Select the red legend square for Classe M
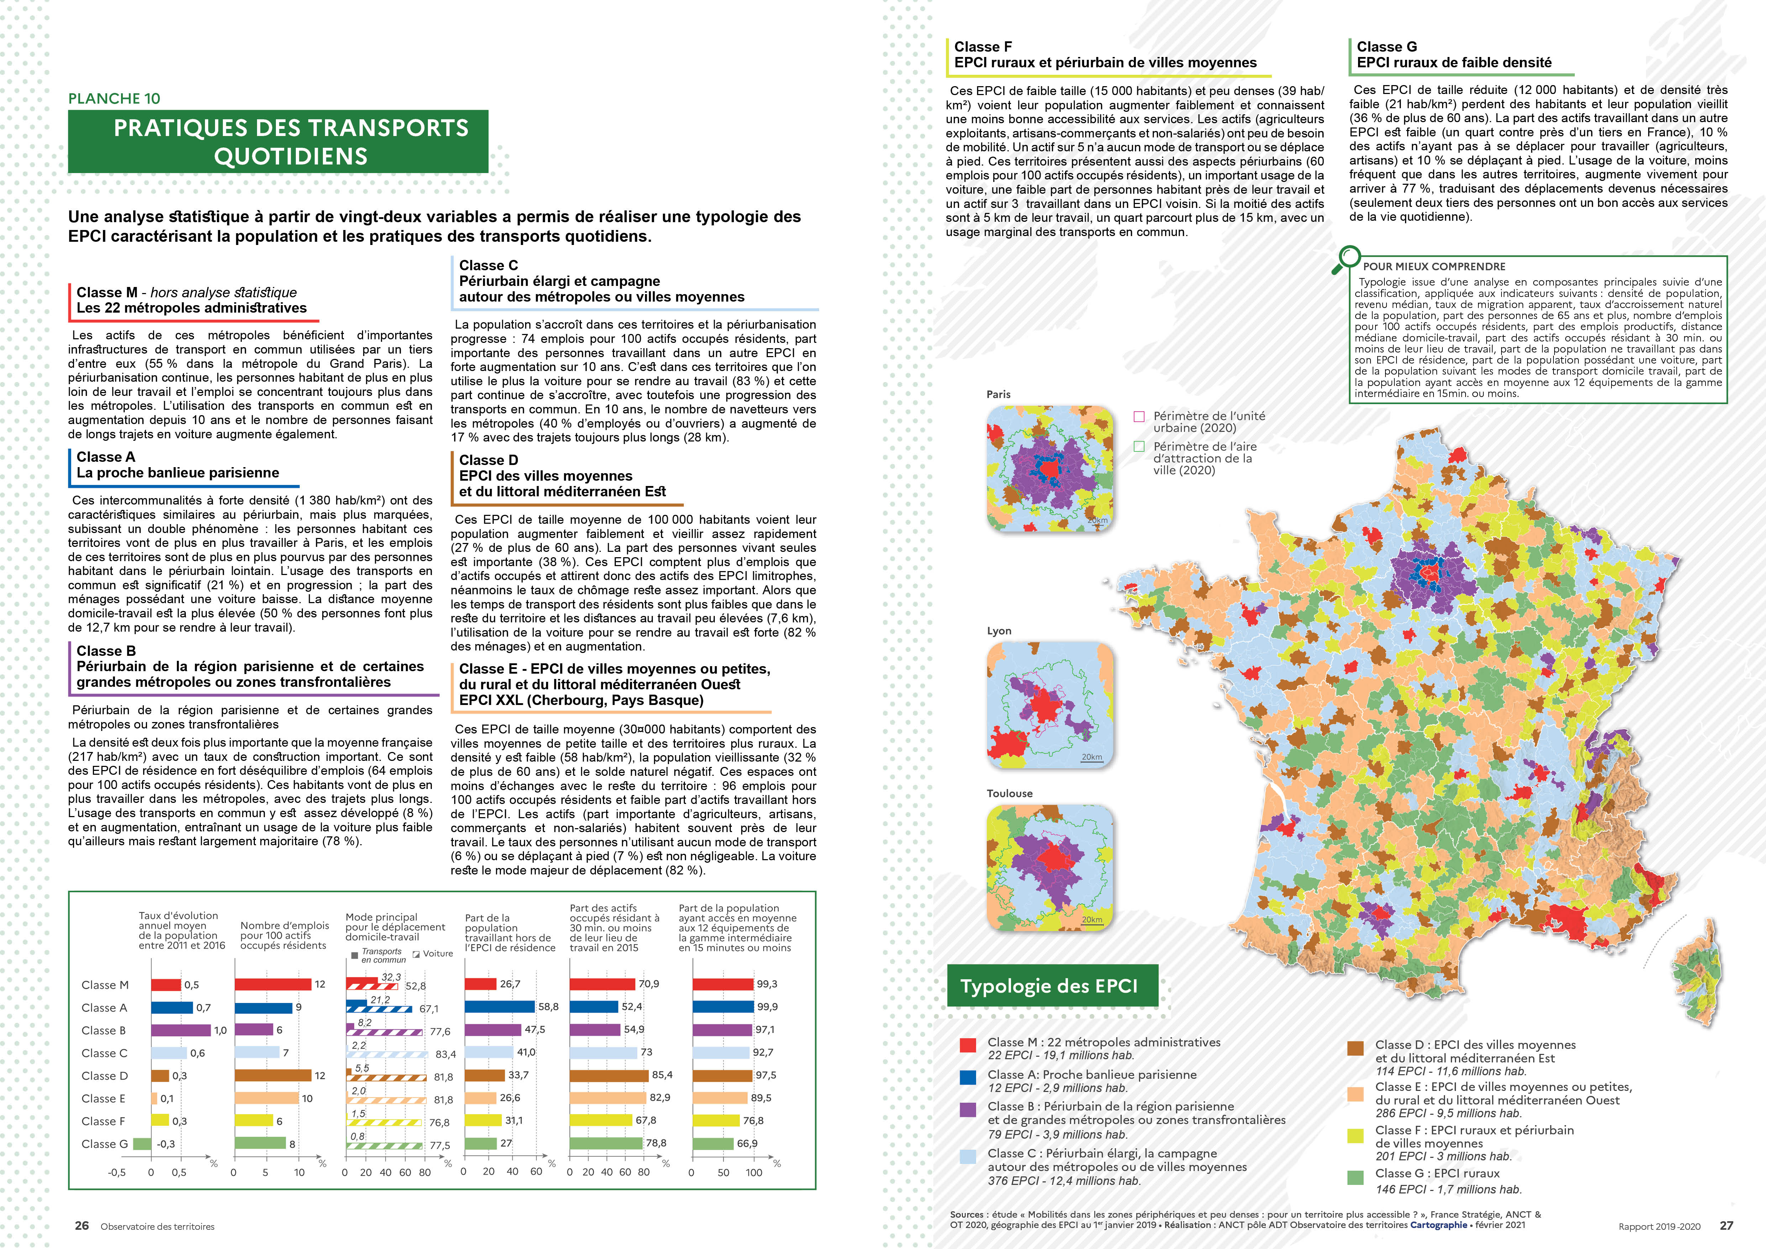pyautogui.click(x=968, y=1044)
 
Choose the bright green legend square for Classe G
pyautogui.click(x=1355, y=1177)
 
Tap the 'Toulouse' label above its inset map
pyautogui.click(x=1009, y=793)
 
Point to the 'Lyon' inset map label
pyautogui.click(x=999, y=631)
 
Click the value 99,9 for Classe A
pyautogui.click(x=767, y=1007)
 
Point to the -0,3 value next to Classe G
pyautogui.click(x=166, y=1144)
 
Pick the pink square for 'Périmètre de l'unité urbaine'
pyautogui.click(x=1139, y=417)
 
